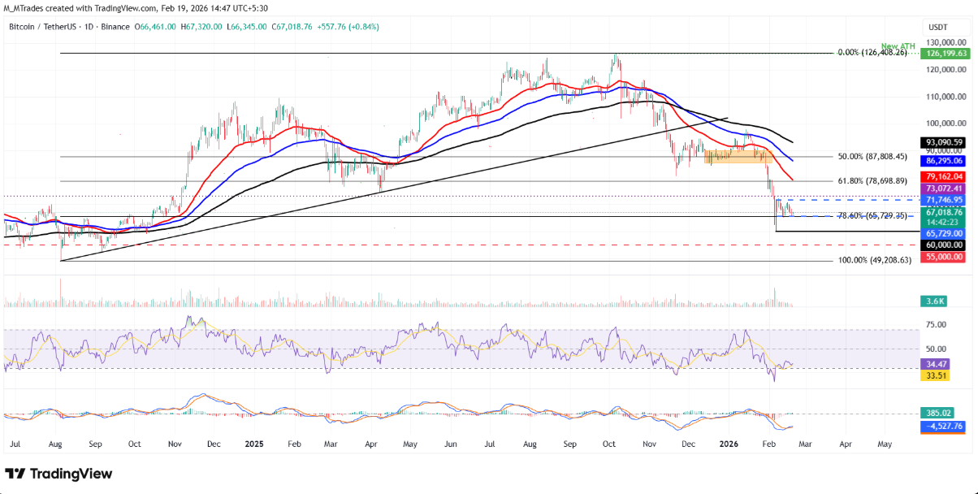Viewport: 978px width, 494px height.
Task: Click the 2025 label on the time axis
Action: [x=253, y=444]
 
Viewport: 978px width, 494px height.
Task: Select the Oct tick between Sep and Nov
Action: [x=135, y=444]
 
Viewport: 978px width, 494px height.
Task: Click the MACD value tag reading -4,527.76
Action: [x=942, y=425]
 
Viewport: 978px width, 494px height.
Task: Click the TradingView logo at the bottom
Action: [x=59, y=474]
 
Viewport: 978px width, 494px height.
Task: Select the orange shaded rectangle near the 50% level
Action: [x=738, y=156]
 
